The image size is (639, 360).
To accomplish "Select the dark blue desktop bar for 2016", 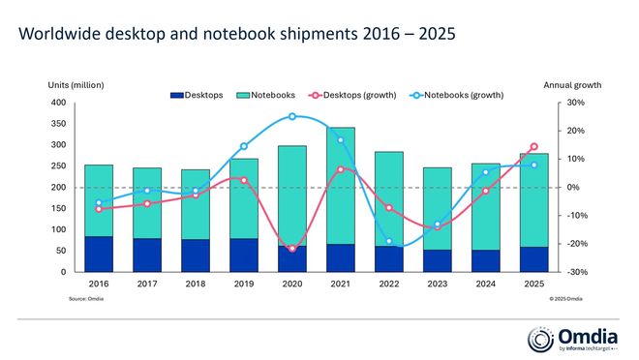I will coord(98,254).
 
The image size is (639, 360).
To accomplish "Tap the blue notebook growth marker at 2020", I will coord(291,116).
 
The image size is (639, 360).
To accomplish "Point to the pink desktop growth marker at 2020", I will coord(291,249).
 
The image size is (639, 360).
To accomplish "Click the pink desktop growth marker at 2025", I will coord(533,147).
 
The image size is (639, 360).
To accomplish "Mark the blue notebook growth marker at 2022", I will coord(388,241).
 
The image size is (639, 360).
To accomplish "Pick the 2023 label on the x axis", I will coord(437,285).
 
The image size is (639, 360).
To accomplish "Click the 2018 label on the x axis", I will coord(195,285).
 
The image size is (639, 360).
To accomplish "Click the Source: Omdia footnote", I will coord(86,300).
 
